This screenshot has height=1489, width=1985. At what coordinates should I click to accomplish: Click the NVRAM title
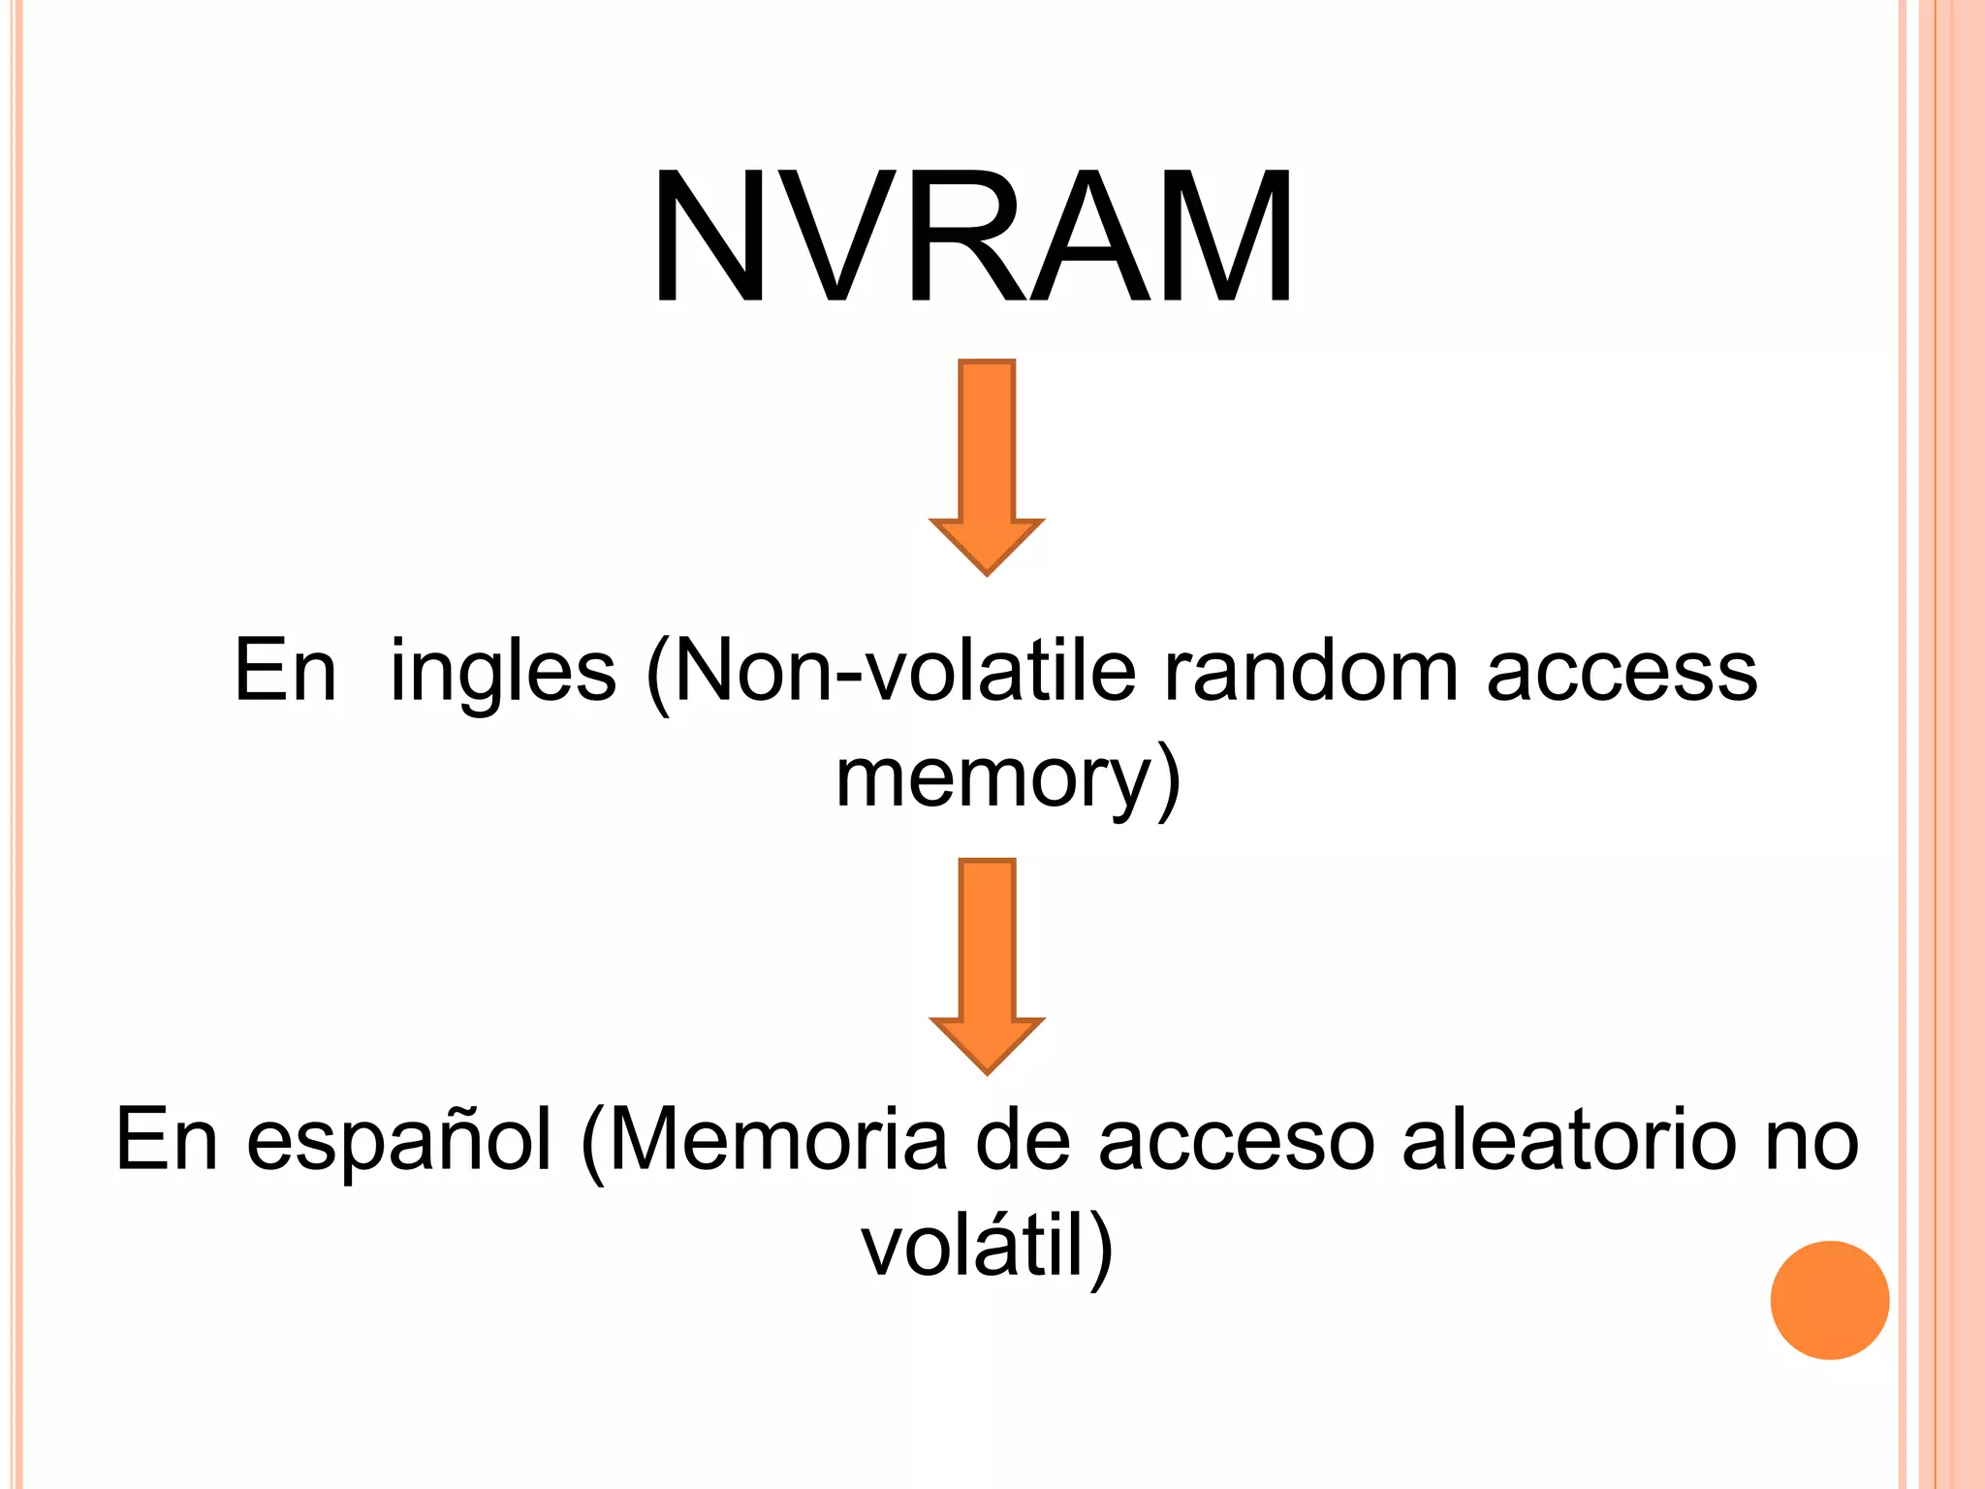972,238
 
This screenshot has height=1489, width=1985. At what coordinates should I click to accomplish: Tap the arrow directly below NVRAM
987,465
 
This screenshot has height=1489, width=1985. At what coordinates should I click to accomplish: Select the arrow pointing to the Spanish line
987,965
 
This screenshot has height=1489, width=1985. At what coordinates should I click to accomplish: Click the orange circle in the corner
1829,1300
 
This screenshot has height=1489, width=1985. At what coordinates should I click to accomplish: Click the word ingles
502,672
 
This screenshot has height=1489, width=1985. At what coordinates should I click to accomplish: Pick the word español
399,1142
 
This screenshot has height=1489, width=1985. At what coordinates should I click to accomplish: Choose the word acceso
1237,1142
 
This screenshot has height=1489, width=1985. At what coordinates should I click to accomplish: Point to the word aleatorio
1569,1140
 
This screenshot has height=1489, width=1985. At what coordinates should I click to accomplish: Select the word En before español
166,1140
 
